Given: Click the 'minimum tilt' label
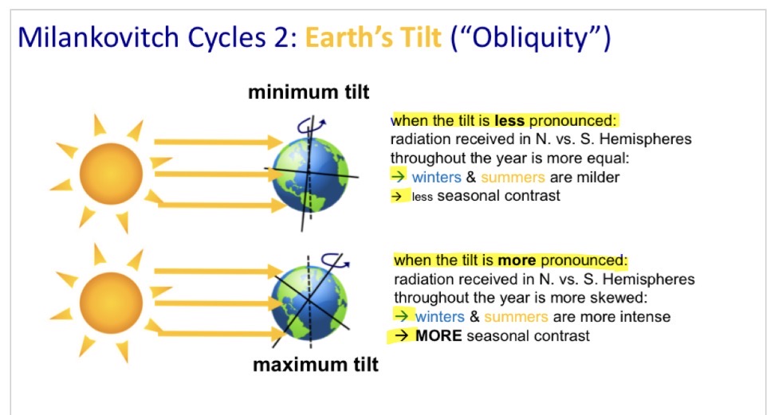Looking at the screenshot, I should pos(309,92).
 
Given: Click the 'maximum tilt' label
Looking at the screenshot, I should pos(315,366).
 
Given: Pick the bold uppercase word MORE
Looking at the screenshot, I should pos(439,335).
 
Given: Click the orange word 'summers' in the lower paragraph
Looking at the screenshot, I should pos(516,317).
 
